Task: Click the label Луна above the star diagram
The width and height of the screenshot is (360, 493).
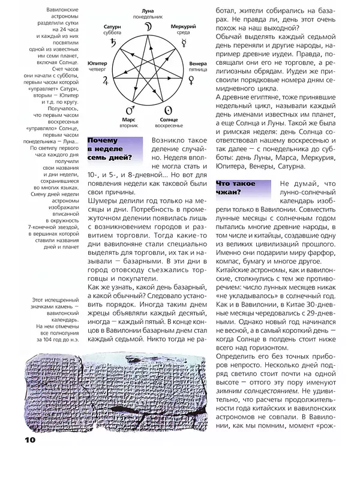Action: point(148,11)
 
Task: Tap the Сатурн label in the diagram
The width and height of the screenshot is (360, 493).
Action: point(112,26)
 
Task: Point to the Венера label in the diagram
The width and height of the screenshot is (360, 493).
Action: point(198,64)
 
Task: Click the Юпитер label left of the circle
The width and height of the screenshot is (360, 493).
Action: point(97,62)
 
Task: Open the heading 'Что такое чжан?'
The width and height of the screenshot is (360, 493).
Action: point(238,188)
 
